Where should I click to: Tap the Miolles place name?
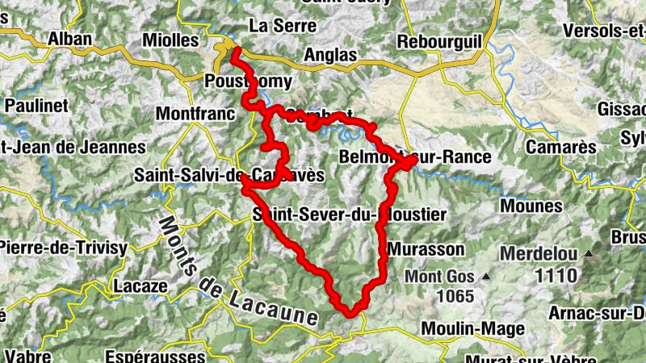point(170,40)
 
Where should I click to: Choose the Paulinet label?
point(33,104)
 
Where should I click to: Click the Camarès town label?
point(560,148)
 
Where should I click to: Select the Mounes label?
point(531,206)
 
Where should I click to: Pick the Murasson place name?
point(426,248)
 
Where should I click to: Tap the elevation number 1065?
point(455,296)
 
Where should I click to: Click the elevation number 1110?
point(556,275)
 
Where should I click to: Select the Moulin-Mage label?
point(473,328)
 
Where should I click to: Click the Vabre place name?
point(28,356)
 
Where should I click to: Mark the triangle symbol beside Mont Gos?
point(486,277)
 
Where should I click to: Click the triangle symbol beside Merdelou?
point(589,255)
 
